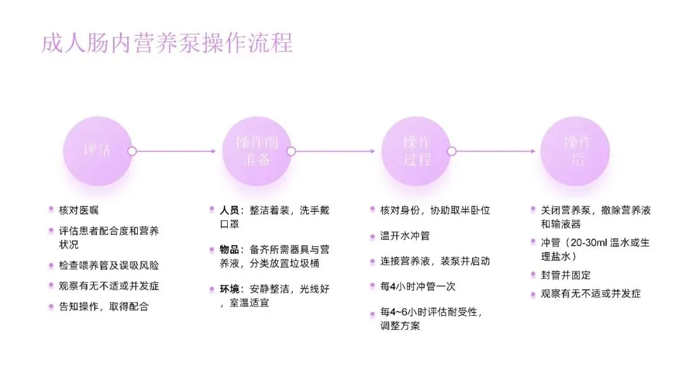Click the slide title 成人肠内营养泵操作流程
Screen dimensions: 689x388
[167, 43]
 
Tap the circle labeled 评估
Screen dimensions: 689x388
[98, 151]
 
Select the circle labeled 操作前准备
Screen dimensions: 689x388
[256, 151]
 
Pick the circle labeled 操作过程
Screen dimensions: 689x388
[416, 151]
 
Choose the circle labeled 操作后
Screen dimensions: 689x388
[575, 151]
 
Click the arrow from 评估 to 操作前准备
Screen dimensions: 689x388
[176, 151]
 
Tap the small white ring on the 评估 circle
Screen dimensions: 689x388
[132, 151]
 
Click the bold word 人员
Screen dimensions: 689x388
[230, 210]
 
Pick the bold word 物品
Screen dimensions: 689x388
[230, 249]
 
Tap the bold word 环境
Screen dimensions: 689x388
[230, 289]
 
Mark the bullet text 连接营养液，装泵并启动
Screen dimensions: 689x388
[435, 261]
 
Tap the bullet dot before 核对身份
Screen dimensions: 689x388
[373, 210]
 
